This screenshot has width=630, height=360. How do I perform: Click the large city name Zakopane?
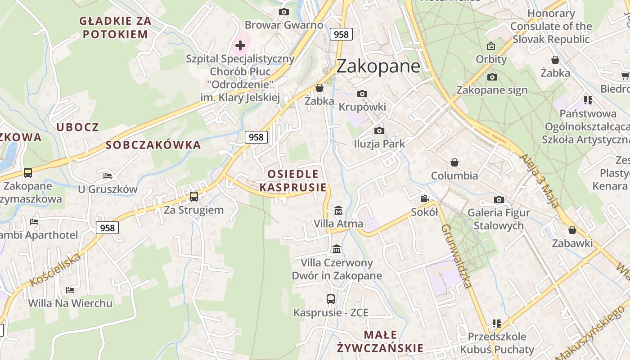(378, 66)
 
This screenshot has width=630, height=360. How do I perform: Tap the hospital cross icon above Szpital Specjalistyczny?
(240, 45)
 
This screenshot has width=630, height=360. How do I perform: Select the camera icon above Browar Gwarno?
(283, 12)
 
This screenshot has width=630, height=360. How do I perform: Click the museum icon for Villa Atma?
(338, 210)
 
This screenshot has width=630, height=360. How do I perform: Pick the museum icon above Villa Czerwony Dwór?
(337, 249)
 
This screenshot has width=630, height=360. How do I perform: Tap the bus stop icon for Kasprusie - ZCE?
(331, 299)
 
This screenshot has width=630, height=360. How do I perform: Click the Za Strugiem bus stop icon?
(194, 196)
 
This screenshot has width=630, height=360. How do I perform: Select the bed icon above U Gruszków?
(108, 175)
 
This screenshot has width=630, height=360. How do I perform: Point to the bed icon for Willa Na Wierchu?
(70, 290)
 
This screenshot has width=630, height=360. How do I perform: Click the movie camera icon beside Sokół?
(424, 199)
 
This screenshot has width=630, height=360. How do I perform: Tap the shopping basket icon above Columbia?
(454, 162)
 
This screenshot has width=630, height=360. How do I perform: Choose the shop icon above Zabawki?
(572, 230)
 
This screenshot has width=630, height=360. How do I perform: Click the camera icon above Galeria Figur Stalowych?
(499, 199)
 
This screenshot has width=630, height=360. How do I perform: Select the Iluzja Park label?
(379, 144)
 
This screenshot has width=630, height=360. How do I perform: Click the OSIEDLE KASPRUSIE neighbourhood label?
(293, 180)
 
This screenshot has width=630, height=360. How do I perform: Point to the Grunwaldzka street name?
(456, 255)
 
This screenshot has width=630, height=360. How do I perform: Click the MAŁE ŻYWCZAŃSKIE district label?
(380, 341)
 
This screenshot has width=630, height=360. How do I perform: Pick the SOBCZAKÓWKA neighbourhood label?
(153, 145)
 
